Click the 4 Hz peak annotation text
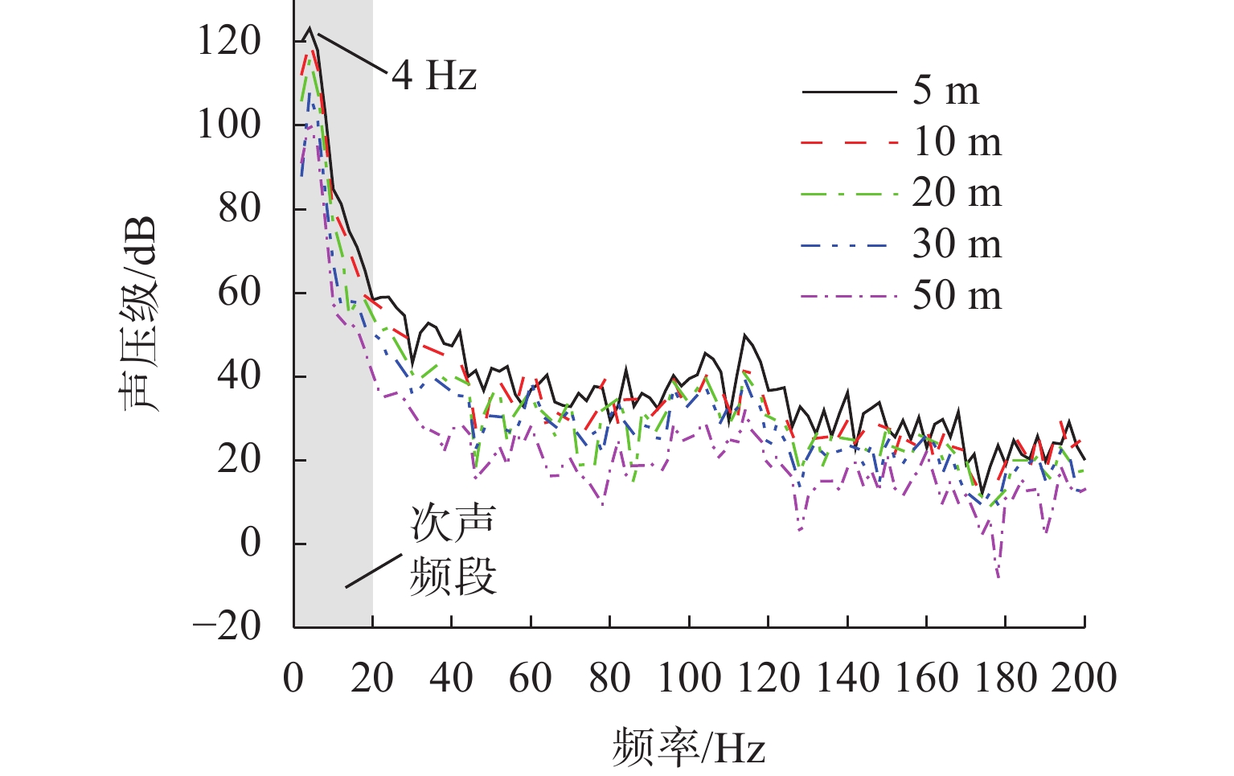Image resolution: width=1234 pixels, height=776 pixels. click(x=434, y=76)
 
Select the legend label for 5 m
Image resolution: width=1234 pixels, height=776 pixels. click(x=946, y=90)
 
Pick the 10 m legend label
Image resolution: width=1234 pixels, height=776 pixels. click(x=957, y=142)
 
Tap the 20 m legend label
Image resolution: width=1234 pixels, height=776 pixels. click(x=957, y=193)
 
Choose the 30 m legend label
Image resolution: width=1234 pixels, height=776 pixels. click(x=957, y=244)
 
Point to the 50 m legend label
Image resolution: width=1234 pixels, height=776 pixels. click(x=957, y=296)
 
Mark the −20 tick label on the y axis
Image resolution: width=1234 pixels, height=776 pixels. click(x=228, y=626)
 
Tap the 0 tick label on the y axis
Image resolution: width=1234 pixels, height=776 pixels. click(x=251, y=543)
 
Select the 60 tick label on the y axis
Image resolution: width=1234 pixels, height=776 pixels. click(x=240, y=291)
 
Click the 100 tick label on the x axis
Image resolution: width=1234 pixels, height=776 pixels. click(x=689, y=678)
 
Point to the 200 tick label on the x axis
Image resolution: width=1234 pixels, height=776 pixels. click(x=1084, y=678)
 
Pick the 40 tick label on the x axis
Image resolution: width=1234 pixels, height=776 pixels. click(x=452, y=678)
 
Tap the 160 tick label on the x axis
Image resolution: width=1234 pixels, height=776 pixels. click(x=926, y=678)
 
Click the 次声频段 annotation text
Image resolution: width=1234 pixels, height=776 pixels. click(x=453, y=550)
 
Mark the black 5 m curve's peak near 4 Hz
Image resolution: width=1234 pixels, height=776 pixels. click(x=310, y=28)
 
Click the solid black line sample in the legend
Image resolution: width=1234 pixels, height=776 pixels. click(x=849, y=92)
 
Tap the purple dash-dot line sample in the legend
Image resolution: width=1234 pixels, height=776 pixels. click(x=849, y=297)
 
